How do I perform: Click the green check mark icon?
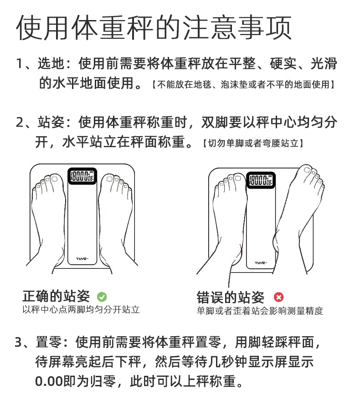[x=102, y=297]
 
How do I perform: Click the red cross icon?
[x=279, y=297]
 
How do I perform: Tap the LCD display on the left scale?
[x=82, y=176]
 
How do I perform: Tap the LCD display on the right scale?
[x=261, y=179]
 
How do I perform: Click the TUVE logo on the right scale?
[x=261, y=262]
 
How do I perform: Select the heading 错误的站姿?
[x=230, y=297]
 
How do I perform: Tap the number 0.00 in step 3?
[x=49, y=381]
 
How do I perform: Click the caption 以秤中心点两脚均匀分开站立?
[x=81, y=310]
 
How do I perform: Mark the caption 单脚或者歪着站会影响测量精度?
[x=260, y=311]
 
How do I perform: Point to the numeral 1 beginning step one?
[x=19, y=64]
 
